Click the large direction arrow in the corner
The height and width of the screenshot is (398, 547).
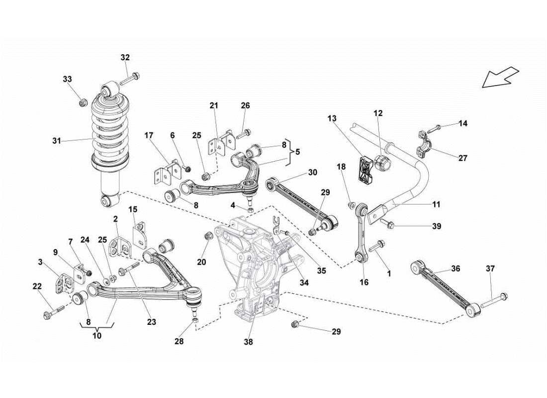pos(501,77)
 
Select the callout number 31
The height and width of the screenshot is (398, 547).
pos(56,141)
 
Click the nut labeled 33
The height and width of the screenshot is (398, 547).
pos(84,103)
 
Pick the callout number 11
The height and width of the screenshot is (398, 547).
pos(436,204)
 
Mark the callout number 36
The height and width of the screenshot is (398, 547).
pos(456,268)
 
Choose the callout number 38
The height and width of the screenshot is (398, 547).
pos(249,342)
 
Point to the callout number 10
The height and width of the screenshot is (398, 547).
pos(96,336)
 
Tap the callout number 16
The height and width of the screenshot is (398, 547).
pos(364,282)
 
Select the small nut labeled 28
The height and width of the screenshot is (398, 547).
pos(196,318)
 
